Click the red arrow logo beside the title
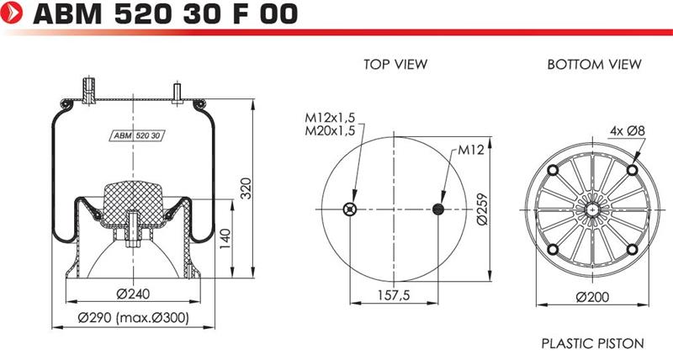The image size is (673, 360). click(x=12, y=13)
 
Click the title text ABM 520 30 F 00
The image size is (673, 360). click(x=165, y=13)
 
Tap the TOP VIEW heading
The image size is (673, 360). click(x=395, y=65)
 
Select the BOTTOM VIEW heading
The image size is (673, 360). click(x=594, y=65)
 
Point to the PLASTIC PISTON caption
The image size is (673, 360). click(x=593, y=343)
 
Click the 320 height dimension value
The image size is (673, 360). click(x=246, y=188)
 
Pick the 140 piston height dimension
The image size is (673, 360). click(x=225, y=239)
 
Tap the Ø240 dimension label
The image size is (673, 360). click(x=133, y=294)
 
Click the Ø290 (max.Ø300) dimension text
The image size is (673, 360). click(x=133, y=317)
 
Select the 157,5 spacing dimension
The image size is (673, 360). click(x=394, y=295)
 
